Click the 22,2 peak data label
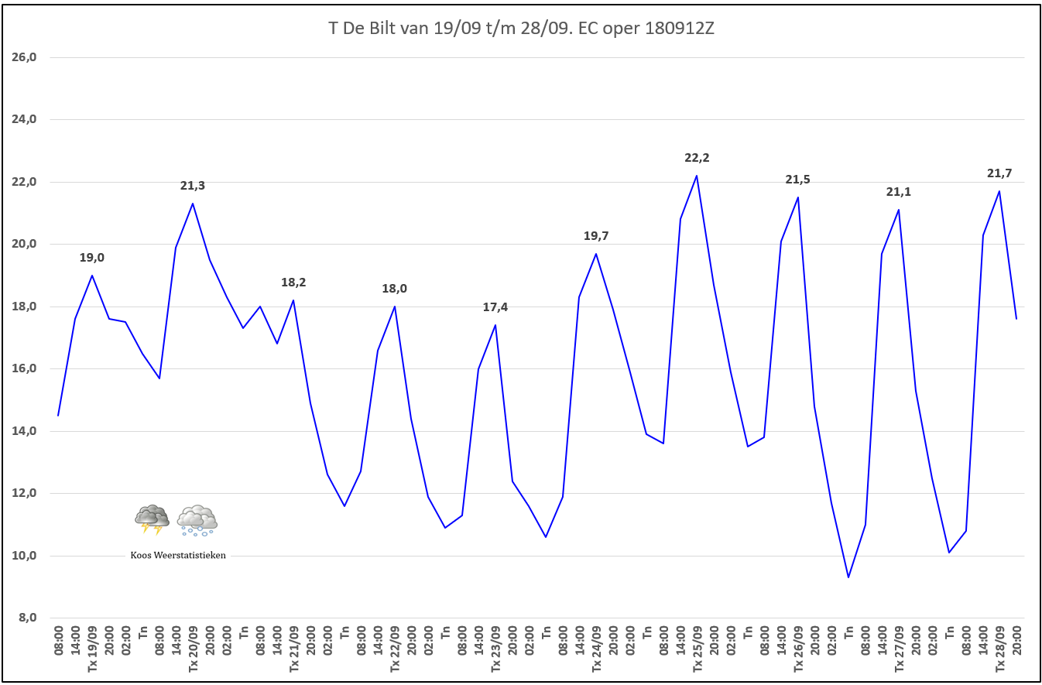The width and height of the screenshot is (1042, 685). [697, 158]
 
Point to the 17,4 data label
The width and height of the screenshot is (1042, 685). [495, 307]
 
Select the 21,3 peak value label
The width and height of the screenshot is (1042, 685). [193, 186]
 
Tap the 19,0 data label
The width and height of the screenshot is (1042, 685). [92, 258]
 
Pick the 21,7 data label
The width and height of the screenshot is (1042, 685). [999, 173]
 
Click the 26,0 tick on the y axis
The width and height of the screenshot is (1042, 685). [28, 57]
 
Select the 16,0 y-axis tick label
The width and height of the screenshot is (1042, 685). [28, 368]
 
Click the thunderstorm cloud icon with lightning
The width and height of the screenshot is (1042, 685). [152, 519]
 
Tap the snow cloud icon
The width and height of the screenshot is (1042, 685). [197, 520]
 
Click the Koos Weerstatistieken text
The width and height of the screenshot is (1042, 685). [178, 555]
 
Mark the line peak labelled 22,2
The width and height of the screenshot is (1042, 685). [697, 176]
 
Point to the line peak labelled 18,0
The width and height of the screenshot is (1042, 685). [395, 307]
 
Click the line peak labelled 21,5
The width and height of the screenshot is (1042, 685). [797, 197]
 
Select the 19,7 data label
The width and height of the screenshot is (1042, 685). [596, 236]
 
